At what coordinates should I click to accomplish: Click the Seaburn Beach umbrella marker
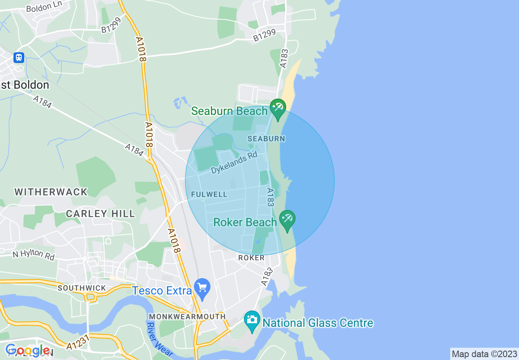(278, 108)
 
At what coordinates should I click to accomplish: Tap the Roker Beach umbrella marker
(287, 219)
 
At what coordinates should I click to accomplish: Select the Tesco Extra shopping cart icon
(202, 288)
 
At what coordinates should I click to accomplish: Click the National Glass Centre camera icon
(252, 319)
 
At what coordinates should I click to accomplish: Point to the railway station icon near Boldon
(18, 57)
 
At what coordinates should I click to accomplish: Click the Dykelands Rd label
(234, 163)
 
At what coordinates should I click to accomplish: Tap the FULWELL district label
(209, 194)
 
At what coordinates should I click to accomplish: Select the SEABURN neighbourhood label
(266, 139)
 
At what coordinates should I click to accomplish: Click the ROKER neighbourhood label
(251, 258)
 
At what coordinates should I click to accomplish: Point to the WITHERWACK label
(51, 192)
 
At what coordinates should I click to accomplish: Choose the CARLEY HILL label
(100, 214)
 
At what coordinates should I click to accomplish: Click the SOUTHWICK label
(82, 288)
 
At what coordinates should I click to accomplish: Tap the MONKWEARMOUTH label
(187, 317)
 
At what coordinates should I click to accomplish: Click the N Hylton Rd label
(33, 254)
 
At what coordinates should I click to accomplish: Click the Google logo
(27, 351)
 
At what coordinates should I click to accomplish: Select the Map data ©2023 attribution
(484, 354)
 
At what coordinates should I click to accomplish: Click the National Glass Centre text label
(318, 323)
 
